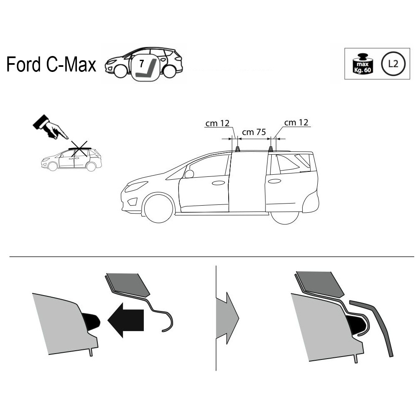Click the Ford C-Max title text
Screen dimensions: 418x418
pyautogui.click(x=51, y=64)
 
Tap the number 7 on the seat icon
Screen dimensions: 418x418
pyautogui.click(x=142, y=64)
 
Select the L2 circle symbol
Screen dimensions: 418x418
pyautogui.click(x=393, y=64)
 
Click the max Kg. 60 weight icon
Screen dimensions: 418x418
pyautogui.click(x=362, y=64)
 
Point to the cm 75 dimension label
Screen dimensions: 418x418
pyautogui.click(x=254, y=132)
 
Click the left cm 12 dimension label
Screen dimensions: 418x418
pyautogui.click(x=217, y=123)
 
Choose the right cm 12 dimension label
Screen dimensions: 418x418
pyautogui.click(x=296, y=122)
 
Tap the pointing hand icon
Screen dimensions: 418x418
pyautogui.click(x=51, y=127)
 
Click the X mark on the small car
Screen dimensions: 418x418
pyautogui.click(x=79, y=149)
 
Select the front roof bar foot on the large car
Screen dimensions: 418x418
pyautogui.click(x=237, y=149)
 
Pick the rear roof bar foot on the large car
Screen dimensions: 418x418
pyautogui.click(x=270, y=149)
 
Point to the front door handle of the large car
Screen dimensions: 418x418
pyautogui.click(x=218, y=183)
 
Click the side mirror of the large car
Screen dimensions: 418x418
pyautogui.click(x=189, y=174)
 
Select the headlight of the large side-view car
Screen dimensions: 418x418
pyautogui.click(x=136, y=186)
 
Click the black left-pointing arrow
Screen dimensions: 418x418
pyautogui.click(x=125, y=320)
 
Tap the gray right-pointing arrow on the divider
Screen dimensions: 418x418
pyautogui.click(x=227, y=318)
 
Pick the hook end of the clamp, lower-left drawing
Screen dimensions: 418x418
pyautogui.click(x=167, y=322)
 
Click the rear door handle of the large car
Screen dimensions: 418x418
pyautogui.click(x=275, y=181)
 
